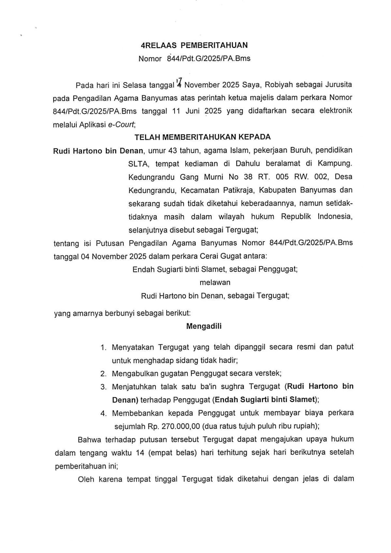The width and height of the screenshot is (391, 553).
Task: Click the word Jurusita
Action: click(339, 85)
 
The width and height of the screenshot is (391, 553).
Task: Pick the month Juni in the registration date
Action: click(193, 111)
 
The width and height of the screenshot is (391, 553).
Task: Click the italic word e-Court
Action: click(121, 125)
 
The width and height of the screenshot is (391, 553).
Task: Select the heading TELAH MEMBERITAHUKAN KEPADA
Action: click(203, 137)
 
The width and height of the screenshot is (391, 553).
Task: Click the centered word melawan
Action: click(215, 282)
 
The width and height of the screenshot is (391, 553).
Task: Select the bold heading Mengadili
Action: click(204, 326)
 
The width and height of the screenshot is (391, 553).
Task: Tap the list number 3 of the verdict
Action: click(104, 387)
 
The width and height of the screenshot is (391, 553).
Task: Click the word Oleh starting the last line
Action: click(86, 479)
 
